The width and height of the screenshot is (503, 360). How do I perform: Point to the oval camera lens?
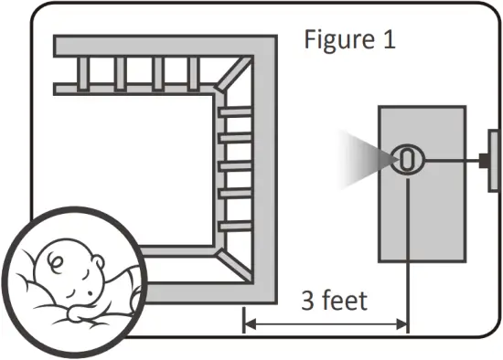(x=408, y=159)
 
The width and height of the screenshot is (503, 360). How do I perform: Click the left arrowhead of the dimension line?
(x=249, y=321)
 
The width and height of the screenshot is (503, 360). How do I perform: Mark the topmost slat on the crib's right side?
(x=234, y=111)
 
